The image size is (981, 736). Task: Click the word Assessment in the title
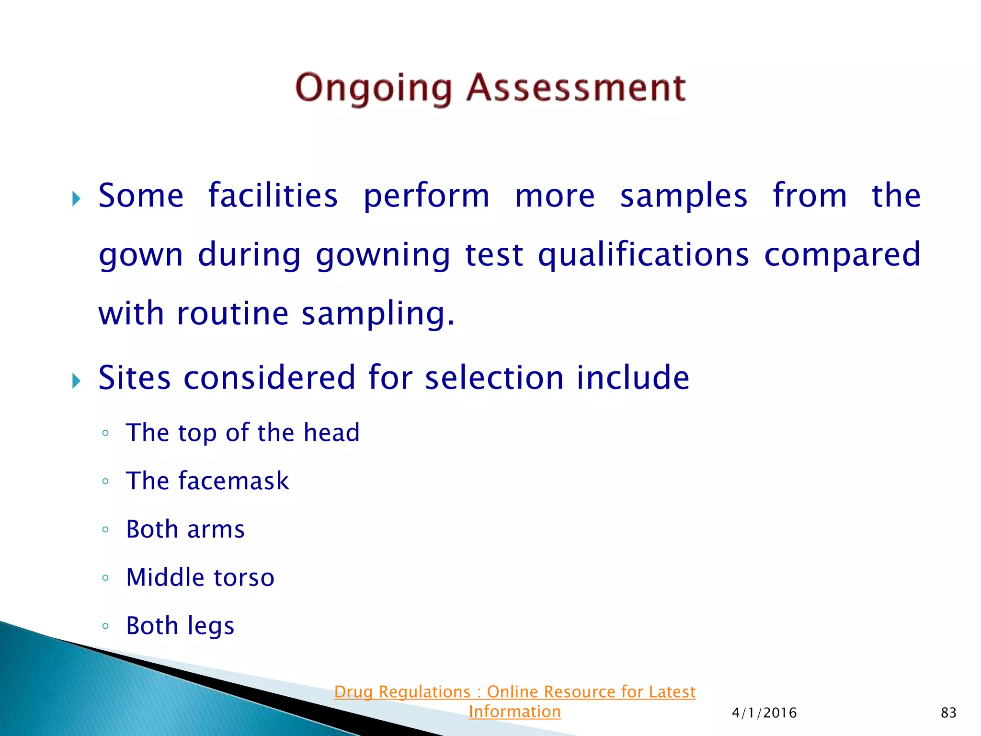pyautogui.click(x=576, y=88)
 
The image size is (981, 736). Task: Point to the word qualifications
pyautogui.click(x=643, y=254)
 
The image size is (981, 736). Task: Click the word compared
pyautogui.click(x=842, y=254)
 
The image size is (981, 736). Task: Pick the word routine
pyautogui.click(x=233, y=313)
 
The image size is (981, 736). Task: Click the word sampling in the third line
pyautogui.click(x=377, y=314)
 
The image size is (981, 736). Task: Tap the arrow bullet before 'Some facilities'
pyautogui.click(x=76, y=198)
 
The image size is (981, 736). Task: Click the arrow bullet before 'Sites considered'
pyautogui.click(x=76, y=381)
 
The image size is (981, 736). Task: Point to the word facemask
pyautogui.click(x=234, y=481)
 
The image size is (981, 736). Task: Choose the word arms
pyautogui.click(x=216, y=530)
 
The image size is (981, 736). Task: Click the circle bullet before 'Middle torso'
pyautogui.click(x=105, y=578)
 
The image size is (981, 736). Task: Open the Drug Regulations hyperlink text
pyautogui.click(x=514, y=692)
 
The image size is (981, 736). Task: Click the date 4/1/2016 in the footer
pyautogui.click(x=764, y=713)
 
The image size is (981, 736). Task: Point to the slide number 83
pyautogui.click(x=948, y=713)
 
